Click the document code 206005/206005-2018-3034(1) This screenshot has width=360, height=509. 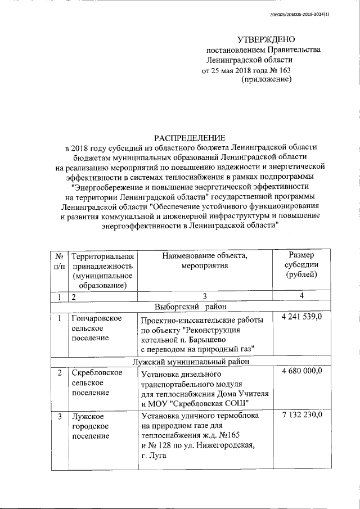click(x=299, y=14)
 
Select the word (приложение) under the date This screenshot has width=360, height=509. click(x=266, y=80)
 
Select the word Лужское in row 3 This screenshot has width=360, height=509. click(x=88, y=416)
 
